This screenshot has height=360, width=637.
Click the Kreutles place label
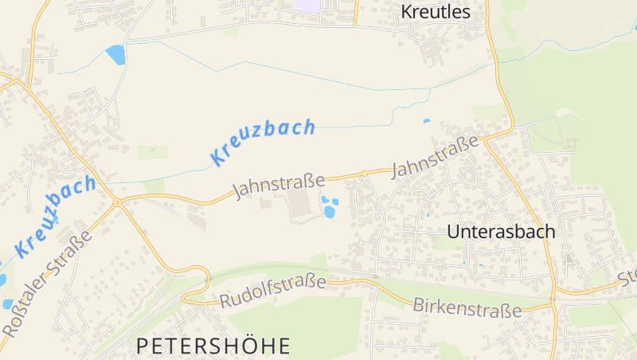point(436,12)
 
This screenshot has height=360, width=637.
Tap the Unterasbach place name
point(501,232)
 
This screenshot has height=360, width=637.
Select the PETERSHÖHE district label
point(213,346)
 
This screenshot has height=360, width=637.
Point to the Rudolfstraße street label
point(273,291)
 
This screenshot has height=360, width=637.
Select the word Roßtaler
point(24,308)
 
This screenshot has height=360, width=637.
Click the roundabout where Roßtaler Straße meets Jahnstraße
point(117,203)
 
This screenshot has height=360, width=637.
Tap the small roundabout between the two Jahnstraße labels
point(364,173)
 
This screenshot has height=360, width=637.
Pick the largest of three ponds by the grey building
point(329,212)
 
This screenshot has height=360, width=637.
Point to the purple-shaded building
point(306,5)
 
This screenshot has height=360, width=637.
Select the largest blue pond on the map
point(116,54)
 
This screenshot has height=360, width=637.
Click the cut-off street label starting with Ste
point(627,279)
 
